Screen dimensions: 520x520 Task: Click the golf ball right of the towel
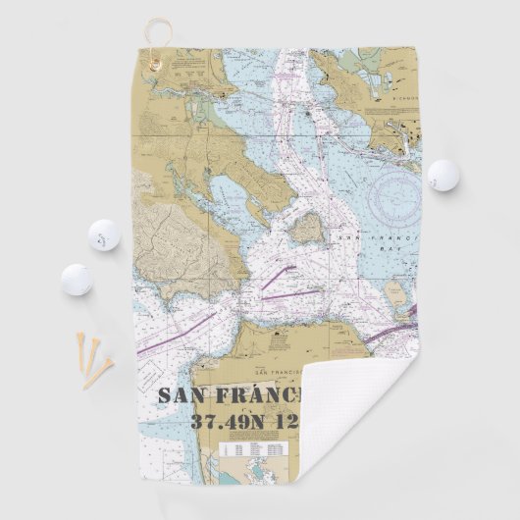(443, 175)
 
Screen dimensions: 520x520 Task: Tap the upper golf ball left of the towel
(103, 234)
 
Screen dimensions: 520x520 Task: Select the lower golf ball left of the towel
(77, 280)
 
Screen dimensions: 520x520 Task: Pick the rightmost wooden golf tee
(101, 370)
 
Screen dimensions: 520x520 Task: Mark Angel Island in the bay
(307, 229)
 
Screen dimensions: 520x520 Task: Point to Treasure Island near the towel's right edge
(396, 292)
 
